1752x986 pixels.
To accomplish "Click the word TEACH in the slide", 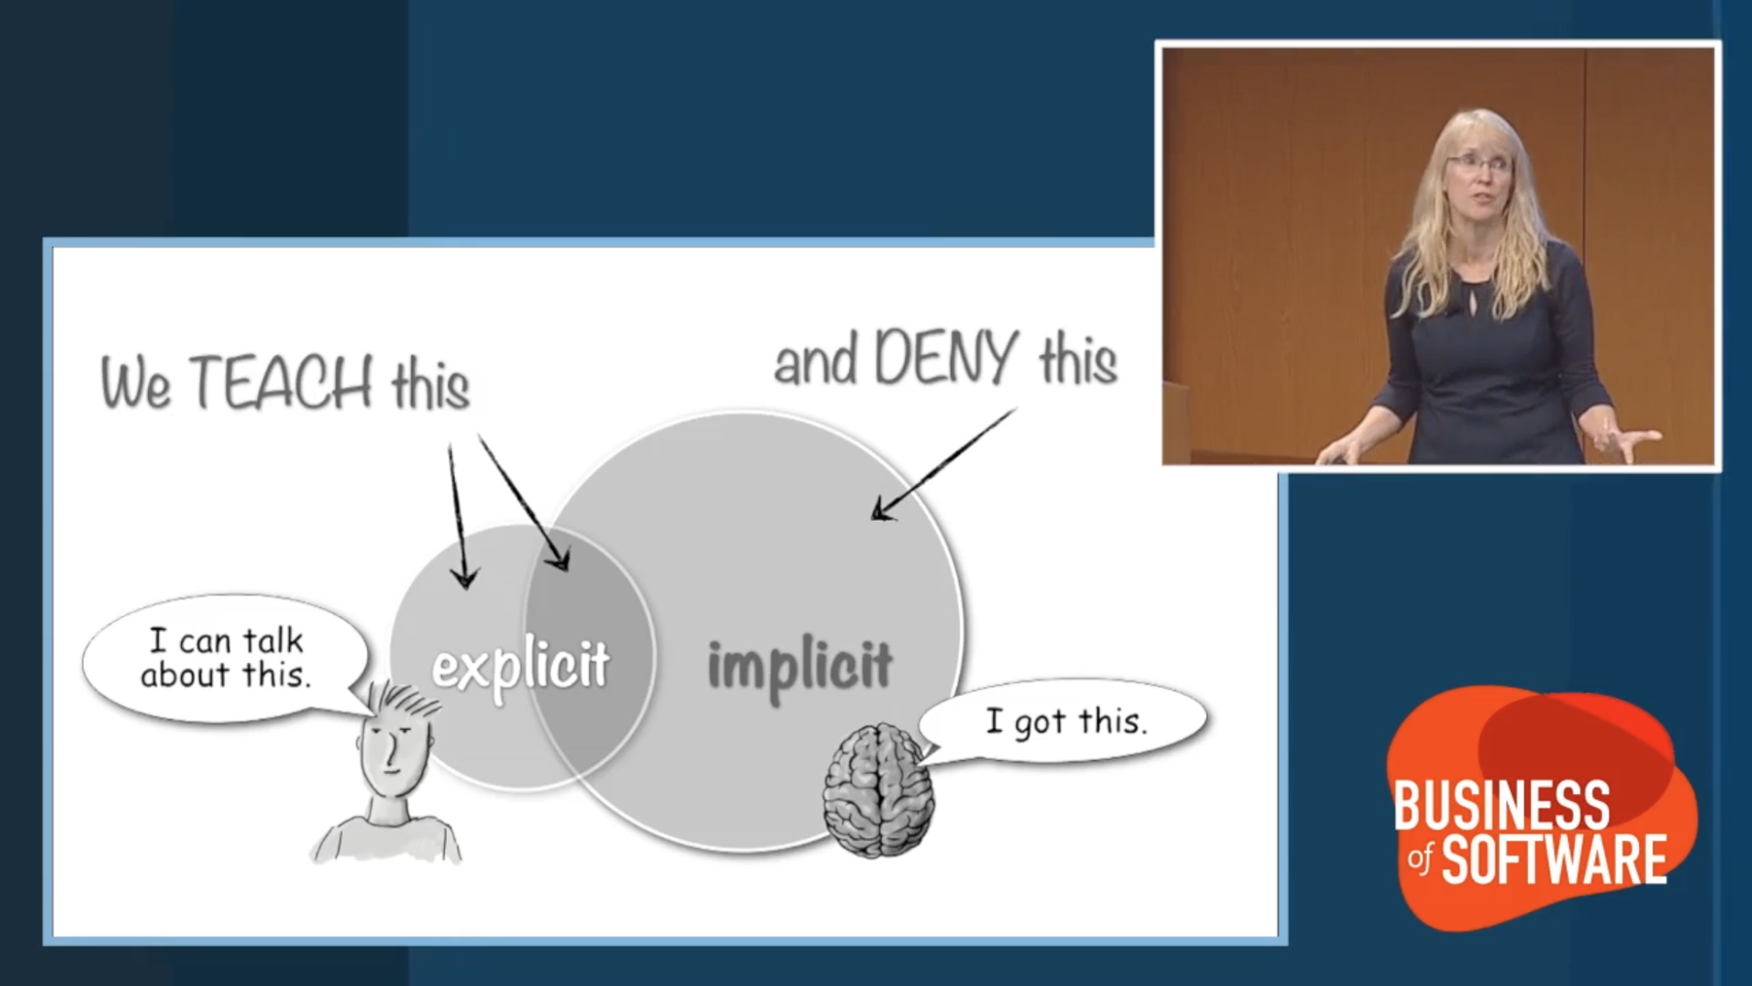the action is point(280,382).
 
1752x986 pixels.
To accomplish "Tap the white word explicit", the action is point(521,667).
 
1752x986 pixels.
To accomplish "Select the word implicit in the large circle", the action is point(799,667).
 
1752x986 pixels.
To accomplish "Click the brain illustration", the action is point(878,789).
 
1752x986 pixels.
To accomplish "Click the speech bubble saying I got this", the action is point(1064,721).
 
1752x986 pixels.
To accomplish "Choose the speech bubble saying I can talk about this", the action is point(226,658).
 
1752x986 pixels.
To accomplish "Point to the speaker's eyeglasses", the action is point(1478,163).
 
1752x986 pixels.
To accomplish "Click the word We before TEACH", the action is point(137,383).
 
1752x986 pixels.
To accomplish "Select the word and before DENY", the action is point(816,361).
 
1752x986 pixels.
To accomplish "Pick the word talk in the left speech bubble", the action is point(273,640).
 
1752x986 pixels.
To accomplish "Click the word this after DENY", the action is point(1077,359).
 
